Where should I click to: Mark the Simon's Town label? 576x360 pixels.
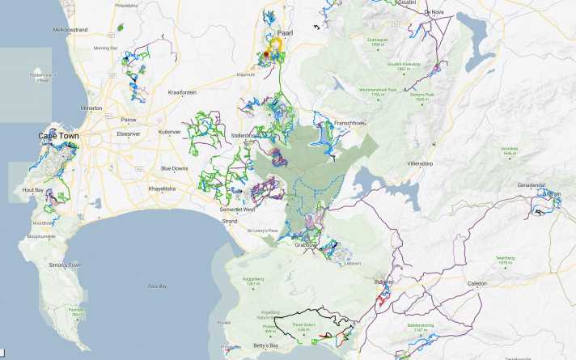coord(66,265)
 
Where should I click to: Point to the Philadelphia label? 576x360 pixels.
coord(127,5)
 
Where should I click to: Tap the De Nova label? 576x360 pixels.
coord(434,12)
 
